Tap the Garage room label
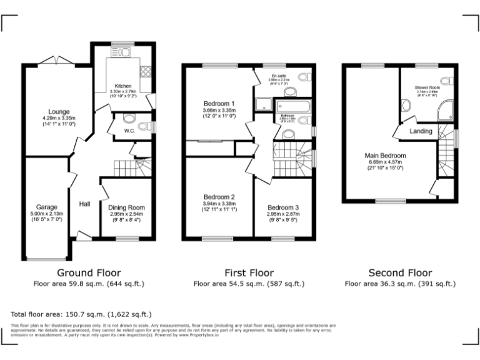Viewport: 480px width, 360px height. [46, 207]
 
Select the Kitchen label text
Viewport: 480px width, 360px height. [122, 86]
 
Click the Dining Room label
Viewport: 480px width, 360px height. [126, 207]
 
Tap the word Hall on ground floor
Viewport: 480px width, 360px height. [85, 204]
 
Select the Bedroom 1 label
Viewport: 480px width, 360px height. [219, 104]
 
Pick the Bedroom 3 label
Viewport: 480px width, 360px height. [283, 207]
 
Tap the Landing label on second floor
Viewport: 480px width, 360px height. [421, 131]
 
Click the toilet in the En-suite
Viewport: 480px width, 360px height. [304, 78]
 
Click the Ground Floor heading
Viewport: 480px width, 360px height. [89, 272]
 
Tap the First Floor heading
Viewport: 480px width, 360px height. [249, 272]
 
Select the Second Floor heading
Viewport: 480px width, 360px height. [400, 272]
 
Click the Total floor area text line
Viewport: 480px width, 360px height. [81, 314]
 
